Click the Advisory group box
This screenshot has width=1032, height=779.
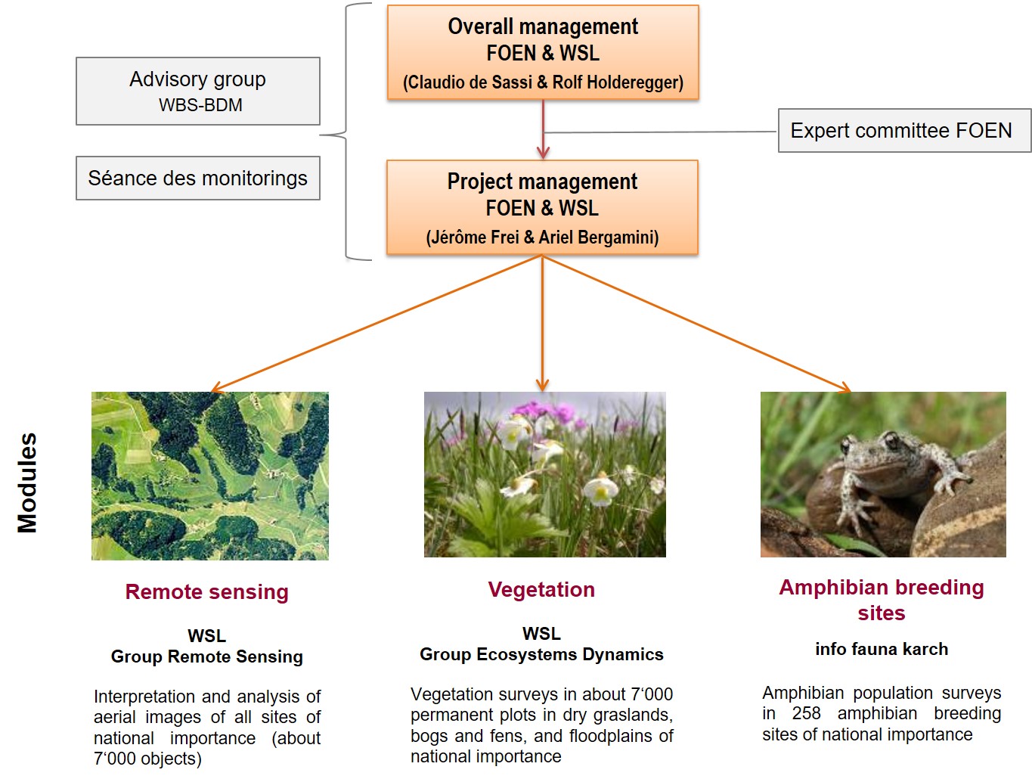coord(198,92)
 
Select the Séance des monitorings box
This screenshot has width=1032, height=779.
coord(198,178)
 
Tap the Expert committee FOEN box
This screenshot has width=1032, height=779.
coord(904,131)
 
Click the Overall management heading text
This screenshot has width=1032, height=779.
coord(543,26)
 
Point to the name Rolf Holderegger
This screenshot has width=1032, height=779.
coord(616,82)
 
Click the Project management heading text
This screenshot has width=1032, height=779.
coord(542,182)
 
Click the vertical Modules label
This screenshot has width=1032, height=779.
coord(27,483)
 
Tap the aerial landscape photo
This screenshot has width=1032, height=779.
coord(210,476)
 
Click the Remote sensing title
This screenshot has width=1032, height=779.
coord(207,592)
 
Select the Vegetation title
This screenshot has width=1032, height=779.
coord(541,589)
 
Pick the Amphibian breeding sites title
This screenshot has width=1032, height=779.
coord(882,600)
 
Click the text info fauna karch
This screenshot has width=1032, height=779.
coord(882,649)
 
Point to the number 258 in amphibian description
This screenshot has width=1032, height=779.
coord(807,713)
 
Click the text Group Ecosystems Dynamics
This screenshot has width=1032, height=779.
coord(541,654)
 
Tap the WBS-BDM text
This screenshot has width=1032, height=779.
coord(200,105)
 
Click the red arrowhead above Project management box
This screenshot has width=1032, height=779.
coord(543,153)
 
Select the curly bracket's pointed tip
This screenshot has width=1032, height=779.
coord(321,135)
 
